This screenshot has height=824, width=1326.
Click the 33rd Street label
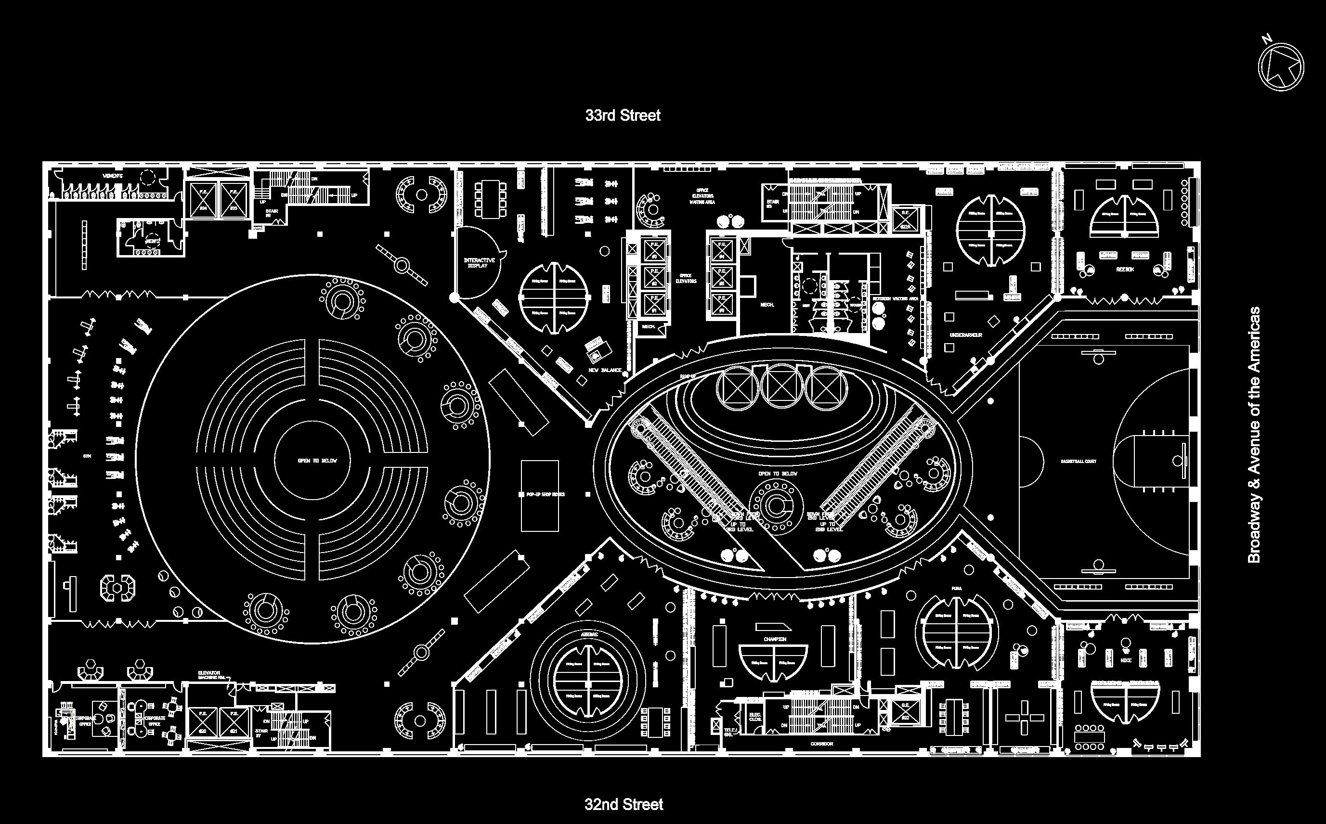[623, 116]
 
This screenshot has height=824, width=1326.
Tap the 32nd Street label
[624, 804]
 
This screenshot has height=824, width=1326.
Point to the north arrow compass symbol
[1281, 66]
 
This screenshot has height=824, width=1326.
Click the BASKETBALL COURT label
[1079, 462]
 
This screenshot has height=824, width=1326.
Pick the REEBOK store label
[1124, 269]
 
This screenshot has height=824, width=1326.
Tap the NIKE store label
[1126, 660]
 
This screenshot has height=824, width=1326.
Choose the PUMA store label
[957, 589]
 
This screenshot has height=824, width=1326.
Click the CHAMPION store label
[774, 639]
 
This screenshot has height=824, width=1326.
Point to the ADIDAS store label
[589, 635]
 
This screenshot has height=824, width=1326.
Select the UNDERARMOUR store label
[966, 335]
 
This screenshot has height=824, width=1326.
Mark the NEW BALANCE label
[605, 370]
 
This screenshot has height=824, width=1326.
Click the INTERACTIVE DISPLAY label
[479, 263]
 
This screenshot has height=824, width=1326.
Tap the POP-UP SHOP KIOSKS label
[545, 494]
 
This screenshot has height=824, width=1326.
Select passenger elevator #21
[234, 722]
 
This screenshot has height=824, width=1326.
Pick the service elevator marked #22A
[905, 219]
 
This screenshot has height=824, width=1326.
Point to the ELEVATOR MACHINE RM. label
[212, 675]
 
